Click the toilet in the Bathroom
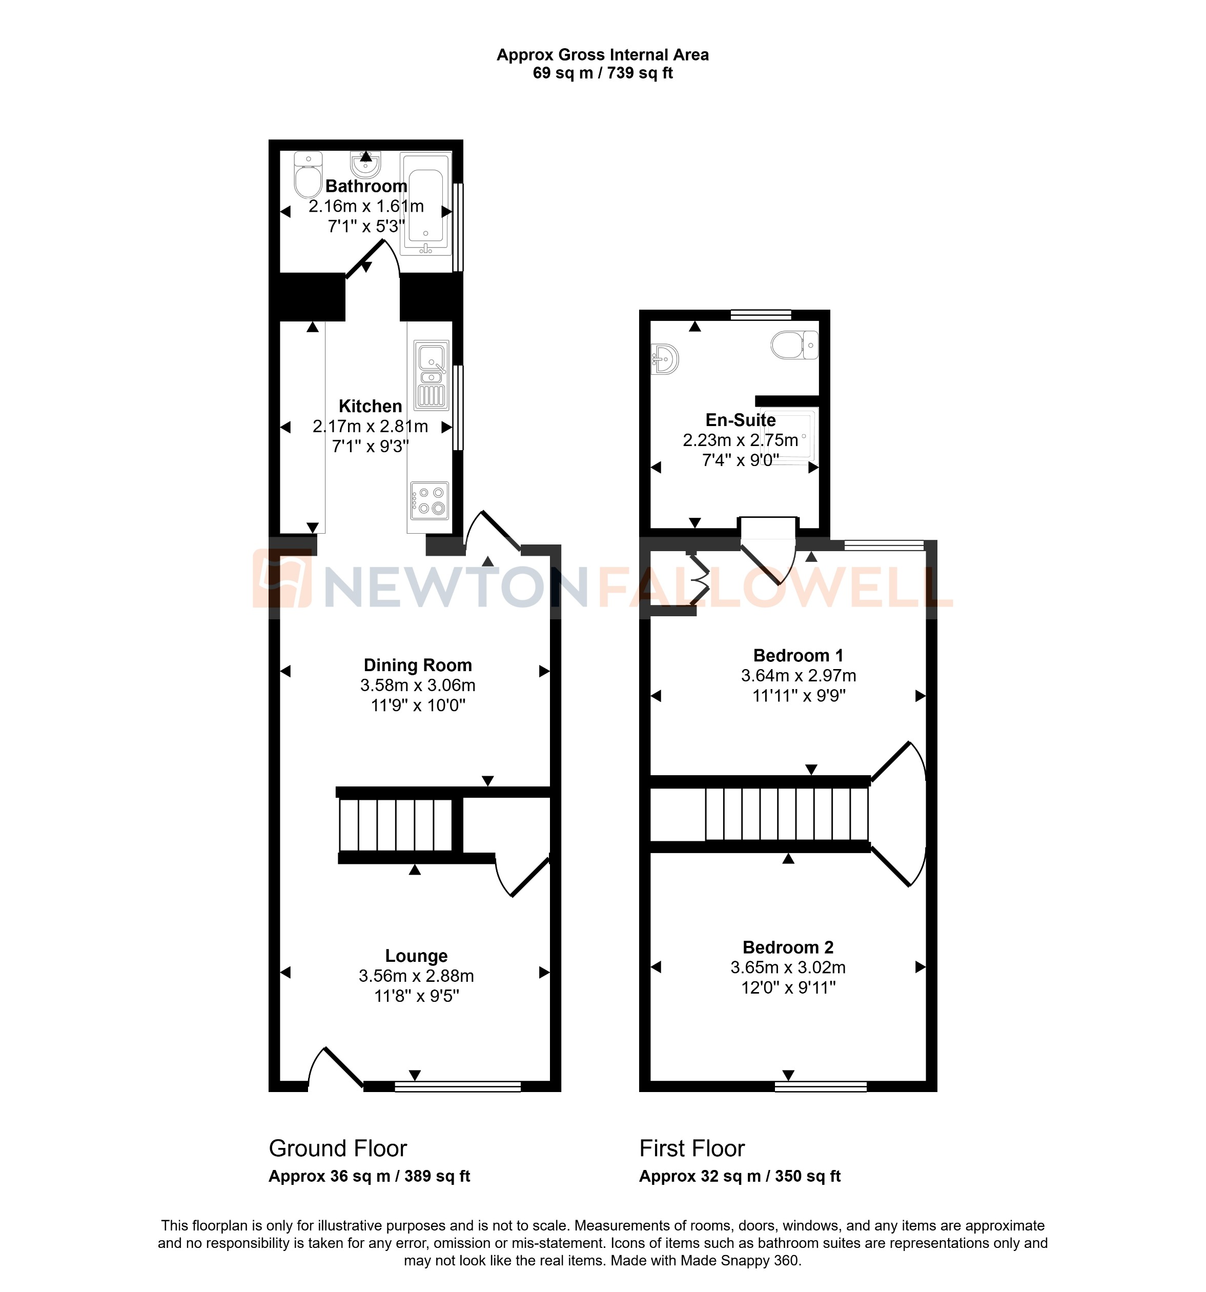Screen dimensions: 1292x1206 [308, 175]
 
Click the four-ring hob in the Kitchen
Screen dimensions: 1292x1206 [430, 501]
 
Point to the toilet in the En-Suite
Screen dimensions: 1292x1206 [794, 345]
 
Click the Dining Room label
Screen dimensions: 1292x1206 [417, 665]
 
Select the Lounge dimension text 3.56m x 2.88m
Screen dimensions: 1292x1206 [416, 976]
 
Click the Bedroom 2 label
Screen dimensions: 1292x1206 [788, 947]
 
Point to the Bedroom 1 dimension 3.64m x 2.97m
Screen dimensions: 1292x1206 [798, 675]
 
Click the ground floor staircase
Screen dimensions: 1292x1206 [395, 825]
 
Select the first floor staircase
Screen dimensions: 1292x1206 [786, 814]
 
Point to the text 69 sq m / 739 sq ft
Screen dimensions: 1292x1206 [602, 73]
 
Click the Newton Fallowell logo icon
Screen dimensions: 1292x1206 [282, 578]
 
